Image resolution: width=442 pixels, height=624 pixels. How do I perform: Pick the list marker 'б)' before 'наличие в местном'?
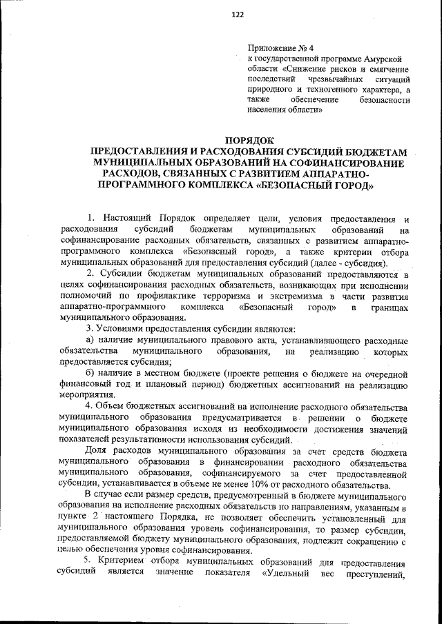click(89, 373)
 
